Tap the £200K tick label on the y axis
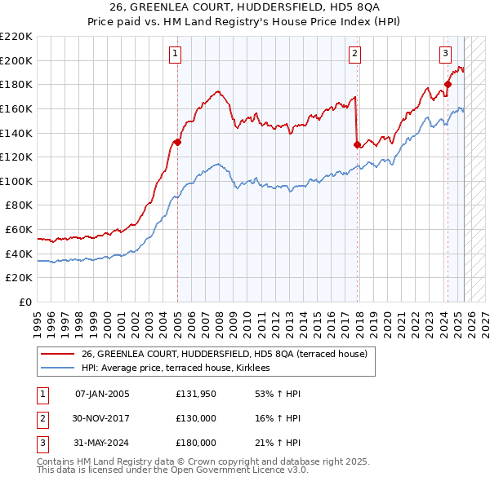[x=16, y=60]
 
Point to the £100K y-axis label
[x=16, y=181]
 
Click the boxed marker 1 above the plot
[x=176, y=55]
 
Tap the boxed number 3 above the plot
[x=445, y=55]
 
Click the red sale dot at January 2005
[x=177, y=142]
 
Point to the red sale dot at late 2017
[x=357, y=144]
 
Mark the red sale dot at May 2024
[x=448, y=83]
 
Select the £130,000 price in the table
[x=195, y=419]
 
